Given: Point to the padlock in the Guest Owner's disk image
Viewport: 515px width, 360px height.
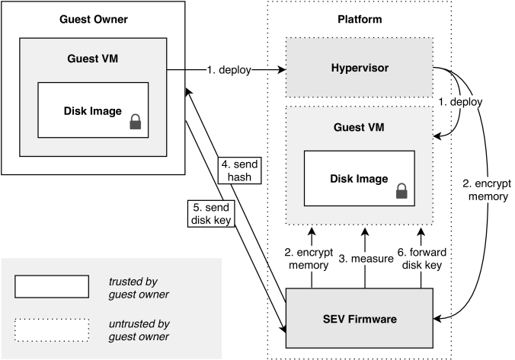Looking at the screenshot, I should [136, 121].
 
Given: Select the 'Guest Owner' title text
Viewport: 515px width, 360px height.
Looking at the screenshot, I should [94, 19].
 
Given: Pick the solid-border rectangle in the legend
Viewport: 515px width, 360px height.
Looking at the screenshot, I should [52, 287].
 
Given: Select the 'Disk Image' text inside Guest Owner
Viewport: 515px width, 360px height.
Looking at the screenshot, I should [91, 111].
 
